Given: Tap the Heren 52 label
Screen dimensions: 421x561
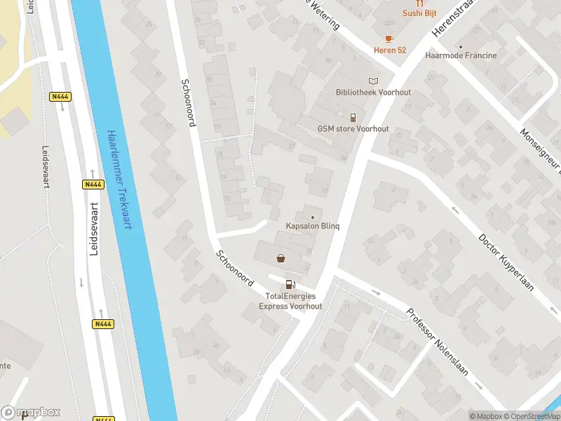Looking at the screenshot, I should (x=389, y=51).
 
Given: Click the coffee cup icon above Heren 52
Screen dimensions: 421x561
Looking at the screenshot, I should (x=389, y=38).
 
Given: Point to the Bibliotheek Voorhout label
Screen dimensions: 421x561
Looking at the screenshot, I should (x=373, y=92).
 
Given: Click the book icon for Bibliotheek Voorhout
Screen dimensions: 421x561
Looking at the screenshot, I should (x=373, y=81).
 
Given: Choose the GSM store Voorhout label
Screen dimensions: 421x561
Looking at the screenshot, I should (x=353, y=129).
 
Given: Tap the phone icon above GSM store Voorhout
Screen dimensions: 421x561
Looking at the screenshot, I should (x=353, y=117).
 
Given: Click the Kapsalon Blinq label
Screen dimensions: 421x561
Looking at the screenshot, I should (x=313, y=226).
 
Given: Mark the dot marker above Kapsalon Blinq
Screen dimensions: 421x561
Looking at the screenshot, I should (x=313, y=217).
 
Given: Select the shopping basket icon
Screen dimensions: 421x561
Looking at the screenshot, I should (x=281, y=258).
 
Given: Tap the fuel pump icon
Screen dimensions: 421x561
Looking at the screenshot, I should (x=290, y=284).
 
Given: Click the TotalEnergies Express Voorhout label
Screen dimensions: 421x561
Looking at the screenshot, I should (x=290, y=301).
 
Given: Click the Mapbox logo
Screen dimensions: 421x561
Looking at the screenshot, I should (x=31, y=412).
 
